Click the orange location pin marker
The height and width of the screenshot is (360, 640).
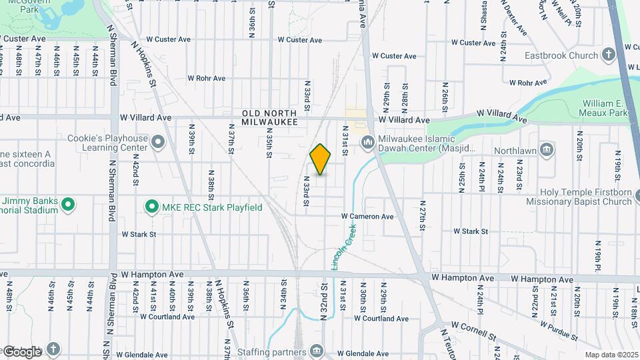(x=320, y=159)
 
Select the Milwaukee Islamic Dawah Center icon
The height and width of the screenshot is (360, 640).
(x=367, y=143)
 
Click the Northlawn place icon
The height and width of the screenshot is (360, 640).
(x=547, y=147)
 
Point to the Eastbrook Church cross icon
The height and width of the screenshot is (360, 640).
(x=608, y=55)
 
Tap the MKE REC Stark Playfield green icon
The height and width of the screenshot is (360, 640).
(x=151, y=207)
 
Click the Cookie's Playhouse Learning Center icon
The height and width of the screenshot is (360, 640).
(x=158, y=142)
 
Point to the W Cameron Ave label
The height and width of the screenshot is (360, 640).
(x=367, y=217)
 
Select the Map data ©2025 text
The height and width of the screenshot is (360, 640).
(x=611, y=355)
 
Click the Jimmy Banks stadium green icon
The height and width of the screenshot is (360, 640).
(x=67, y=205)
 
